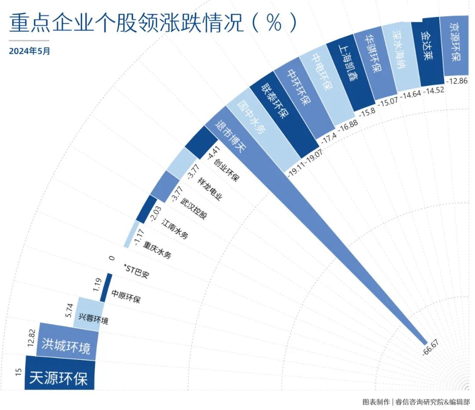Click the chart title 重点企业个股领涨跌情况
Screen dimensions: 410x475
128,23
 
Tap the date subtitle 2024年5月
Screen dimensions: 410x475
29,51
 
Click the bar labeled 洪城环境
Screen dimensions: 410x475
66,345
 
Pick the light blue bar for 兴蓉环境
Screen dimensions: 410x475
90,314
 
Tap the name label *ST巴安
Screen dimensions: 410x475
137,271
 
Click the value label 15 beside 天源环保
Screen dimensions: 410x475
18,373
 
